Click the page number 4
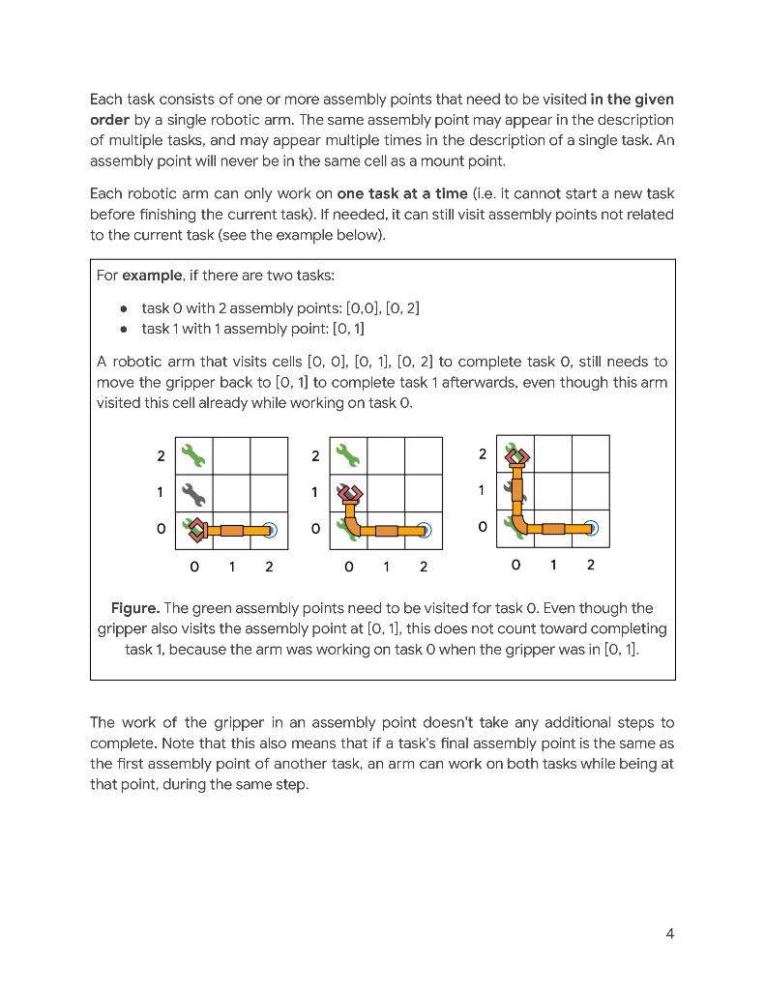tap(669, 933)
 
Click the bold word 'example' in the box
tap(152, 276)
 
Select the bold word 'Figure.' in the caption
tap(134, 608)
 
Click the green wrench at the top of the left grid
tap(193, 454)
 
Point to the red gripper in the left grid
tap(197, 529)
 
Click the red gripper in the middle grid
tap(349, 494)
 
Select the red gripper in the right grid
tap(516, 456)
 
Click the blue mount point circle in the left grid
tap(270, 530)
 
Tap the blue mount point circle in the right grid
tap(591, 528)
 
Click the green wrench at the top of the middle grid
tap(348, 454)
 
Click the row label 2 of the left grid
tap(161, 455)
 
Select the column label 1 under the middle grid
tap(386, 567)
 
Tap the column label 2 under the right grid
tap(590, 565)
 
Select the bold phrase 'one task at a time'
tap(401, 192)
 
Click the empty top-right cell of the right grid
tap(590, 454)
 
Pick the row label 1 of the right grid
tap(481, 490)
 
